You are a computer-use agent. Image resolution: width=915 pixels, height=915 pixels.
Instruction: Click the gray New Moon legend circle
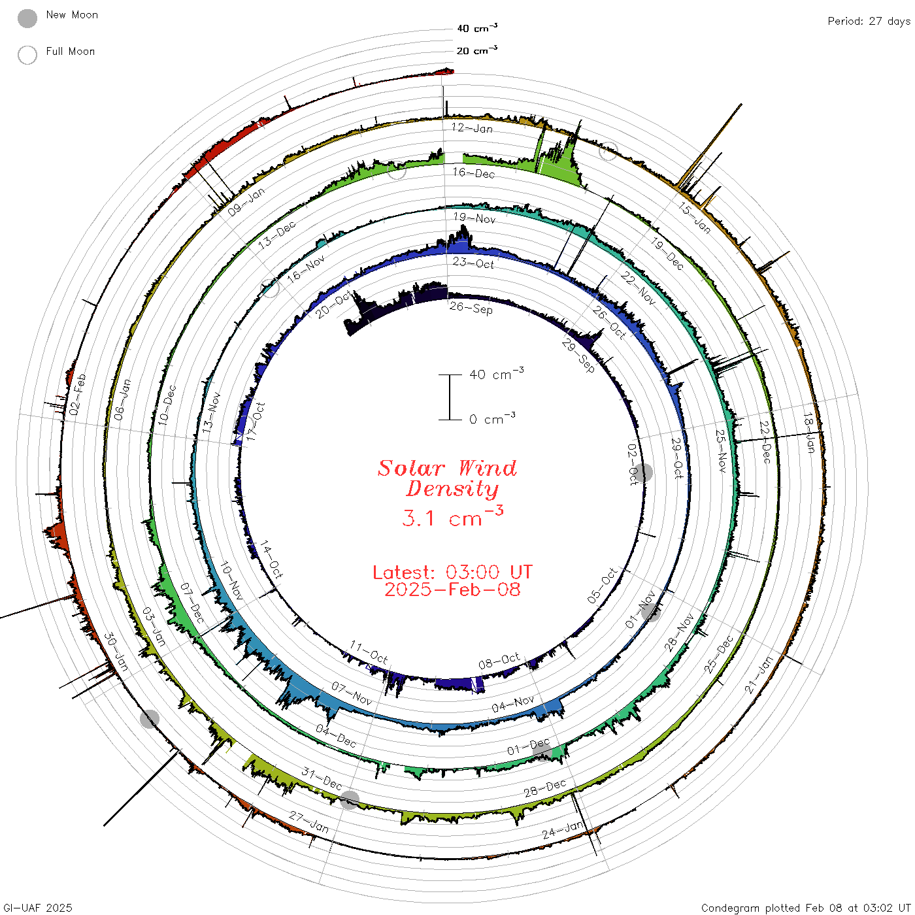click(27, 18)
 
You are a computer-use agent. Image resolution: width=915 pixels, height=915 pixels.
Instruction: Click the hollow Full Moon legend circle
click(27, 55)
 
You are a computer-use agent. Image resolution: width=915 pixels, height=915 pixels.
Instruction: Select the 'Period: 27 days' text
click(869, 22)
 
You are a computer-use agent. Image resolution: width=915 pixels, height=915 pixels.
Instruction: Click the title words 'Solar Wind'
click(447, 468)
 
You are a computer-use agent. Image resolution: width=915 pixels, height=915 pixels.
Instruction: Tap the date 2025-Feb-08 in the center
click(452, 590)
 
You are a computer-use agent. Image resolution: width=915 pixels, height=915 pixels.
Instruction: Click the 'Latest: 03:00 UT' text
click(452, 572)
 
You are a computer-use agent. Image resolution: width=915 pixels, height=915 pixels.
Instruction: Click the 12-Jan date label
click(471, 128)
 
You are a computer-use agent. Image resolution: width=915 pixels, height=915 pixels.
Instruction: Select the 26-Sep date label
click(471, 308)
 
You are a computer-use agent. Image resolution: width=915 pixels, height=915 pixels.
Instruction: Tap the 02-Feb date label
click(77, 394)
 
